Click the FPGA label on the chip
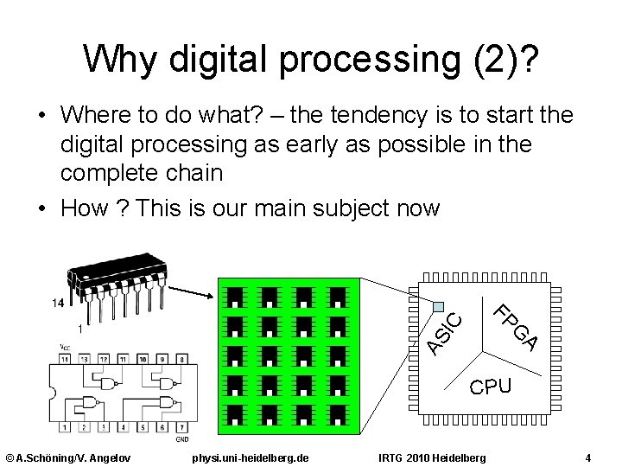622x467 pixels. pos(517,328)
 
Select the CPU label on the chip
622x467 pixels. pos(491,387)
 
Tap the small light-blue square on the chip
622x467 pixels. pos(439,305)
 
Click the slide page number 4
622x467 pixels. pos(587,456)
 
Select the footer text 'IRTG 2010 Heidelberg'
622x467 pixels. pos(432,456)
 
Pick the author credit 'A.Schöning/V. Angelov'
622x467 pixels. pos(67,456)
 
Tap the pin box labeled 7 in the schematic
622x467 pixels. pos(182,427)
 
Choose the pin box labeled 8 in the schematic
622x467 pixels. pos(182,357)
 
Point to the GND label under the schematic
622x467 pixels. pos(182,438)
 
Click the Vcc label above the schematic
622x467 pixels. pos(65,347)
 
